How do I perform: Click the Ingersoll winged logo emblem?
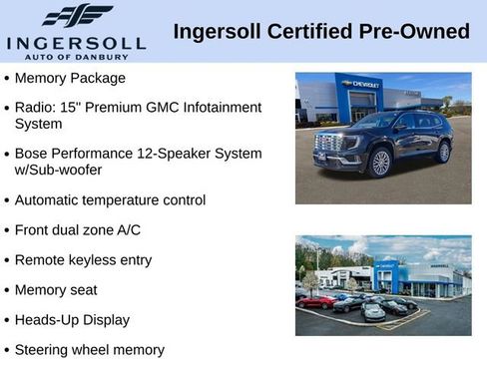pyautogui.click(x=77, y=16)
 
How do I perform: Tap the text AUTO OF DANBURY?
pyautogui.click(x=76, y=56)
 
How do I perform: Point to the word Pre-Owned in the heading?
pyautogui.click(x=417, y=32)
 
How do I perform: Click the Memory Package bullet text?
pyautogui.click(x=70, y=78)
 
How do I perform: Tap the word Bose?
pyautogui.click(x=32, y=154)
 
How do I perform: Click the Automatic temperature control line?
pyautogui.click(x=110, y=199)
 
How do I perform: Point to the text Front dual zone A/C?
pyautogui.click(x=78, y=229)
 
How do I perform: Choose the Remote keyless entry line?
pyautogui.click(x=83, y=260)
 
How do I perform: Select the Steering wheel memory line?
pyautogui.click(x=89, y=350)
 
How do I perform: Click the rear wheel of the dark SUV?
pyautogui.click(x=443, y=152)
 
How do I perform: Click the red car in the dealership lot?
pyautogui.click(x=317, y=301)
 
